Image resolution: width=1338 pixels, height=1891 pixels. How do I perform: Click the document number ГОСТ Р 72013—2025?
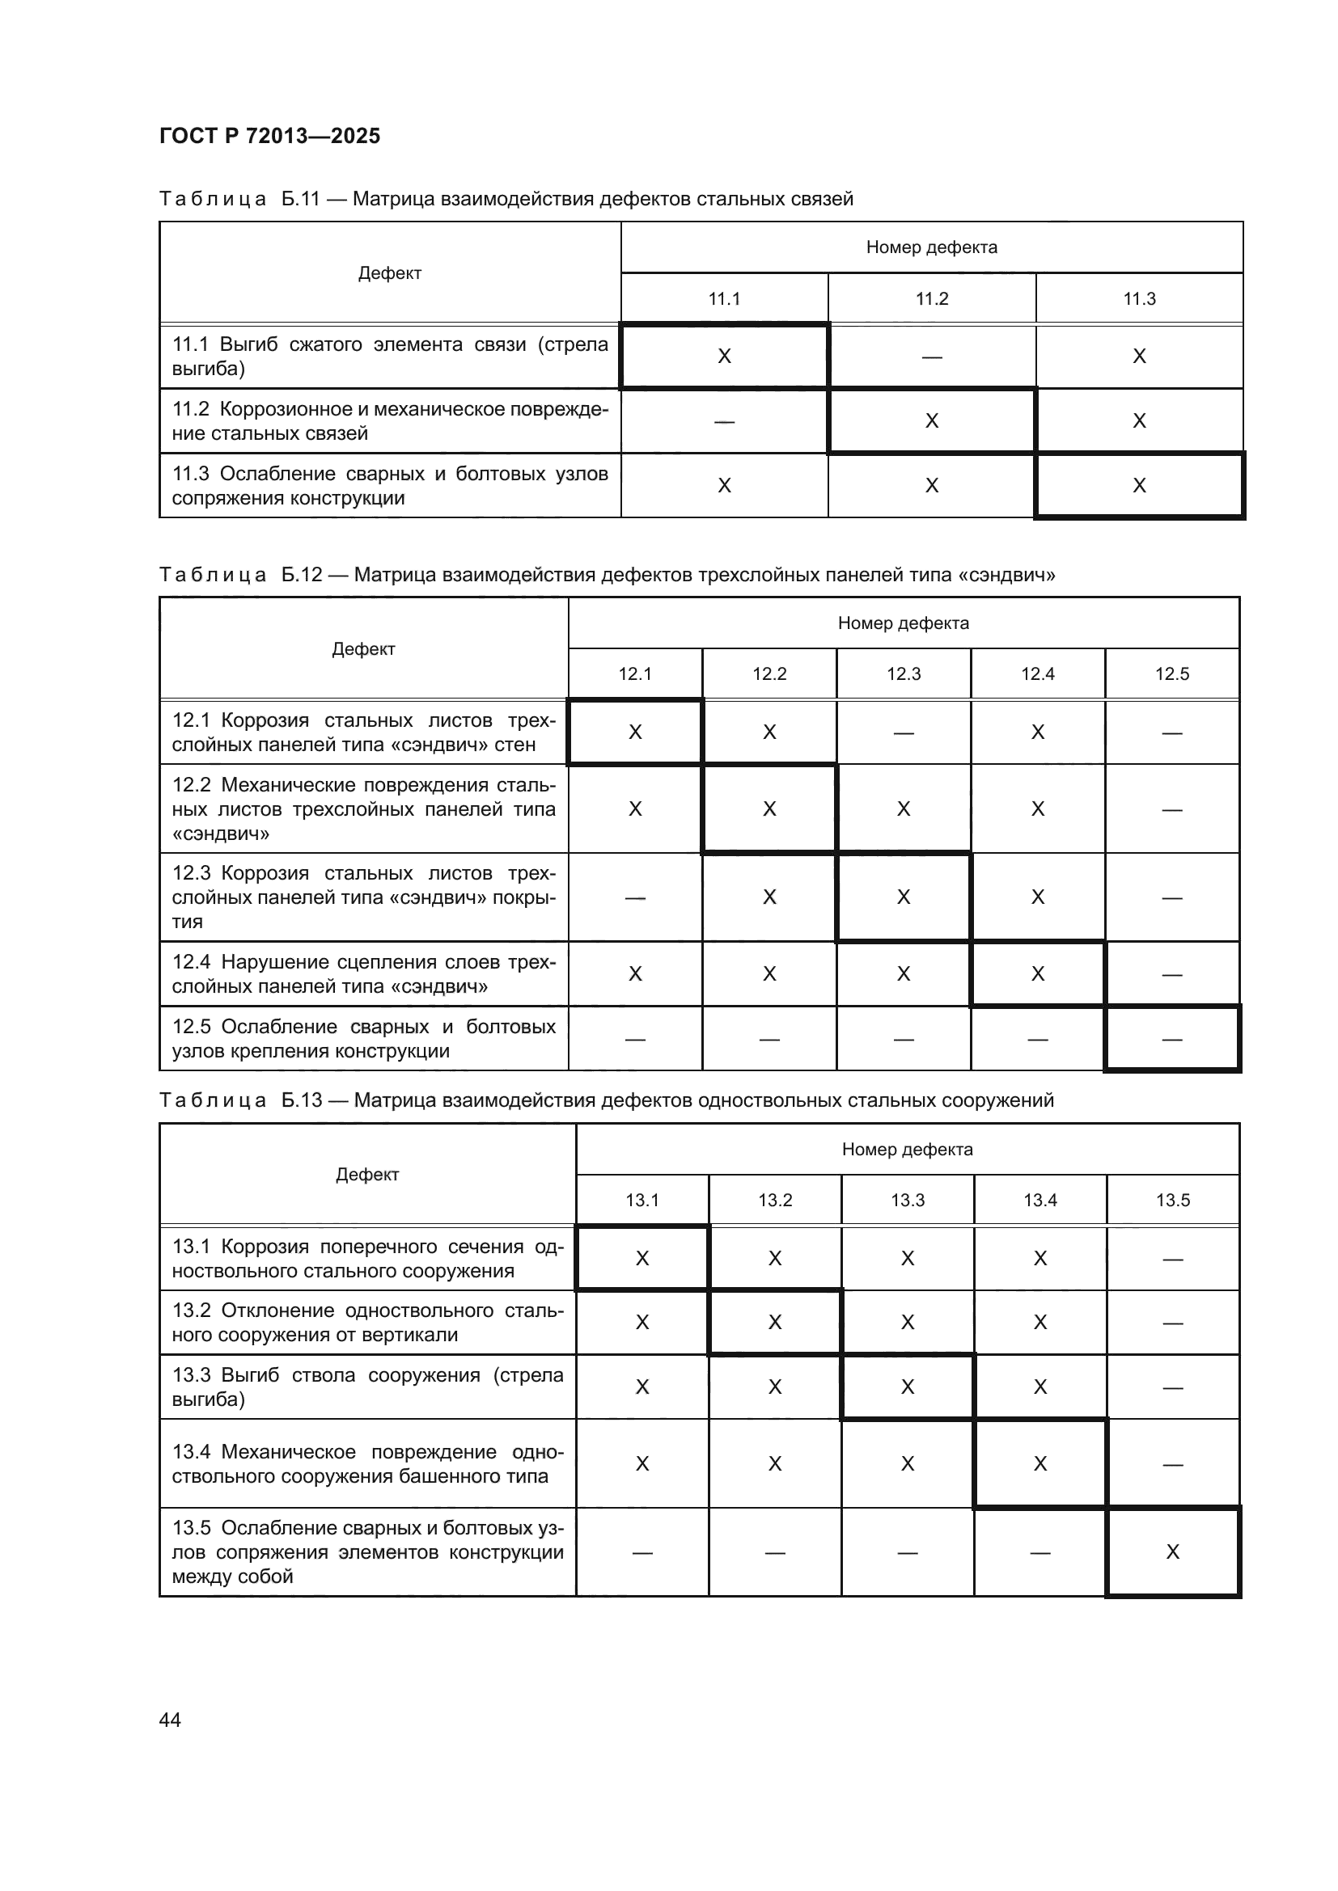click(x=269, y=136)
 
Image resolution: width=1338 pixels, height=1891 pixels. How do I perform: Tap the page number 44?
click(x=170, y=1720)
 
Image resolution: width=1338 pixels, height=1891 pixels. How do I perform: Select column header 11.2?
click(x=932, y=299)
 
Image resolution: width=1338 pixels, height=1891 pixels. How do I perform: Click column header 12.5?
click(x=1171, y=674)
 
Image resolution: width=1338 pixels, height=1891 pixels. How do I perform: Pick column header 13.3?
click(x=907, y=1200)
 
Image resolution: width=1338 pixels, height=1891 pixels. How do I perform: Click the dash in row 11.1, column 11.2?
click(x=932, y=357)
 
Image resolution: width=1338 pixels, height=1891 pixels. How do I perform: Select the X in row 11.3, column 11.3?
click(x=1140, y=486)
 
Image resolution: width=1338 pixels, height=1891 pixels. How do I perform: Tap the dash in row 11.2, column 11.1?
click(x=724, y=422)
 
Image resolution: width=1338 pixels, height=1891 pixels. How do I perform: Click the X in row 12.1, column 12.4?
click(x=1037, y=732)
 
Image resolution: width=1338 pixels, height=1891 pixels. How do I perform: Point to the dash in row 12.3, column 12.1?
click(x=635, y=897)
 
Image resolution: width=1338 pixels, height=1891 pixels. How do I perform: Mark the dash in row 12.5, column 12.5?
click(x=1171, y=1040)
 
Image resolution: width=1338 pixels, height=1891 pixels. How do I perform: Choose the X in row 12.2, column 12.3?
click(x=904, y=808)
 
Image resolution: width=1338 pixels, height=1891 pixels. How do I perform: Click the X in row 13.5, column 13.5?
click(x=1172, y=1551)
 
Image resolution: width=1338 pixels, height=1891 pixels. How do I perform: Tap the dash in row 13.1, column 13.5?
click(x=1172, y=1259)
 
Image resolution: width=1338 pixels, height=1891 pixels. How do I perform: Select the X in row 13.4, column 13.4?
click(x=1039, y=1463)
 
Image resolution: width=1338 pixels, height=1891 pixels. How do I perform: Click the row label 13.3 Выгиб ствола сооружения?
click(x=367, y=1387)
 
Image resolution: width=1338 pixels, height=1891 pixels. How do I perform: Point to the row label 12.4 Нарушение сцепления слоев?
click(x=363, y=973)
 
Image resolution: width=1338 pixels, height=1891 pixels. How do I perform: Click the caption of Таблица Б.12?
click(x=608, y=575)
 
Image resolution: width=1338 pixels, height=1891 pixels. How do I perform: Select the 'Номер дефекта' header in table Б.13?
click(x=907, y=1149)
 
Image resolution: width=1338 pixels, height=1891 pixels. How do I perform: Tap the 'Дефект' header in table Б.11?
click(x=390, y=273)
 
